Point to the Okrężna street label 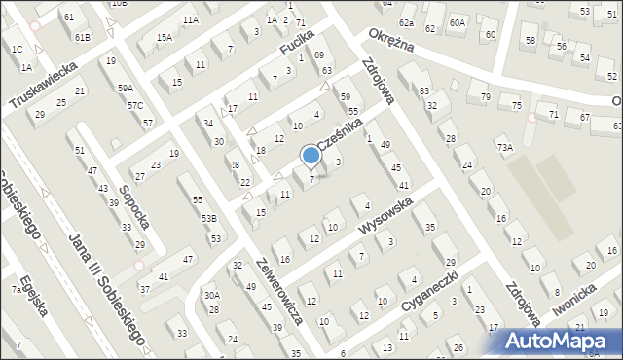coord(391,45)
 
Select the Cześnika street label coord(346,136)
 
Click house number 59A coord(126,89)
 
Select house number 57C coord(135,105)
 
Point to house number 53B coord(208,219)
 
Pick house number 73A coord(504,147)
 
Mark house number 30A coord(211,295)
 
